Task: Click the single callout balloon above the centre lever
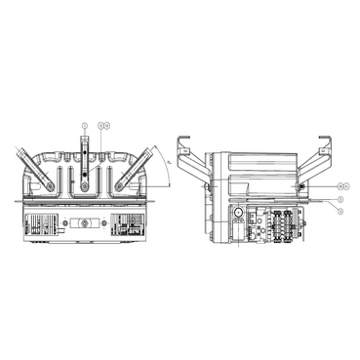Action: click(x=85, y=126)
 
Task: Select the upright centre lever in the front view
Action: click(x=86, y=161)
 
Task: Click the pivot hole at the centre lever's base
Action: click(x=86, y=183)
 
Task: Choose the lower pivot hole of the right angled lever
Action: click(x=121, y=184)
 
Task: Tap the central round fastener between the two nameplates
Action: click(x=86, y=223)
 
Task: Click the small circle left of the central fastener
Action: click(x=65, y=223)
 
